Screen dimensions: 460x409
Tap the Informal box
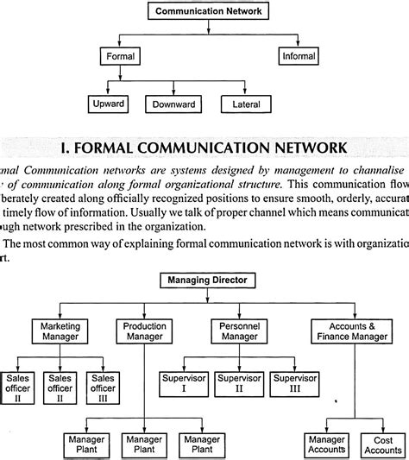tap(298, 57)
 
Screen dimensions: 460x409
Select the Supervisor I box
tap(184, 382)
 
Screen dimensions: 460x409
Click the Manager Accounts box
tap(327, 444)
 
